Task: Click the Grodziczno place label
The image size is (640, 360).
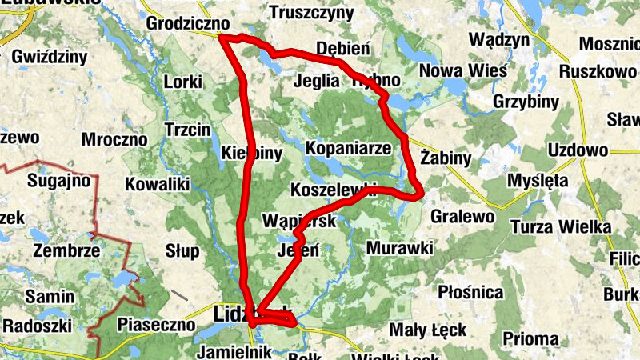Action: pyautogui.click(x=188, y=24)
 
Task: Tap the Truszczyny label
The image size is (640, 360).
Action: pyautogui.click(x=311, y=13)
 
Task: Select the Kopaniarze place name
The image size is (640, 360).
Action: pyautogui.click(x=348, y=148)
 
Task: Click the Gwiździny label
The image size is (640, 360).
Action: pyautogui.click(x=50, y=57)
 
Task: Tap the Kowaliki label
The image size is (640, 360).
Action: pyautogui.click(x=157, y=185)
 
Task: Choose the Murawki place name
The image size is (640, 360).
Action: pyautogui.click(x=399, y=249)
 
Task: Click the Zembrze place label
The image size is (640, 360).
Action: pyautogui.click(x=67, y=250)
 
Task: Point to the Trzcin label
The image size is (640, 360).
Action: pyautogui.click(x=186, y=130)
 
